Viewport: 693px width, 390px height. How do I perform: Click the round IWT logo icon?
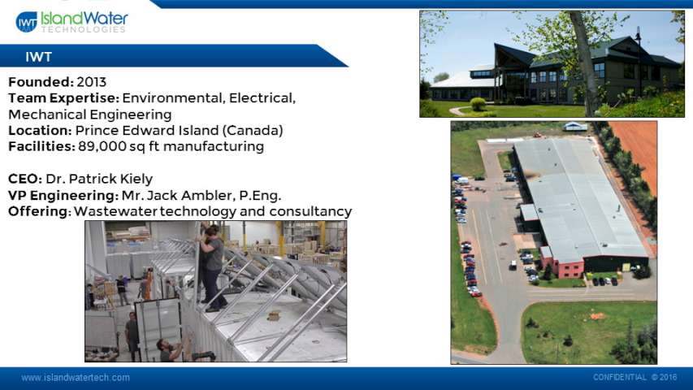27,22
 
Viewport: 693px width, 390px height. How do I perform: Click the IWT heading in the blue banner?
38,57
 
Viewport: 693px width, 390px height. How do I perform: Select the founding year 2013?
92,82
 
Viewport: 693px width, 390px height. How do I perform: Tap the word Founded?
41,82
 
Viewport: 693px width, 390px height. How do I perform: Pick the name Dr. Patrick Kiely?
99,179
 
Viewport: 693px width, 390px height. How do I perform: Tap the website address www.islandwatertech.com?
76,378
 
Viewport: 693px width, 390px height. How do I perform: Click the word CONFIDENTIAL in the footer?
620,377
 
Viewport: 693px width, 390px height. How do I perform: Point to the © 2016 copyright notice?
665,377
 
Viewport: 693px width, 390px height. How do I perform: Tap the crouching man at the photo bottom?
171,349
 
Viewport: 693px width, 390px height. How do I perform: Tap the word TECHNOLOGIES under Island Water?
84,29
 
